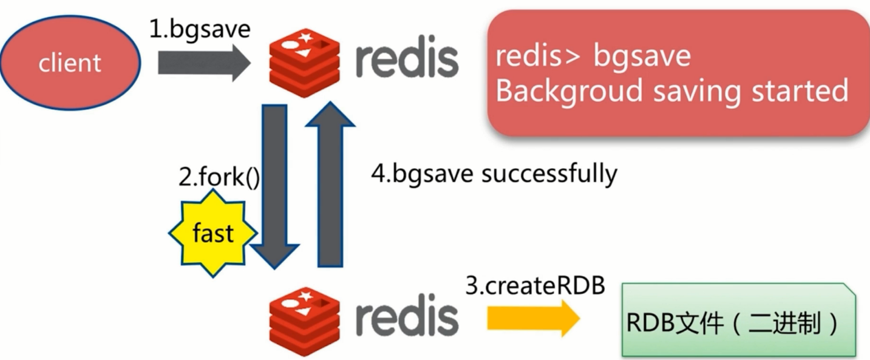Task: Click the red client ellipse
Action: click(70, 63)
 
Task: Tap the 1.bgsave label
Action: click(200, 29)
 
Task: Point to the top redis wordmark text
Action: click(407, 59)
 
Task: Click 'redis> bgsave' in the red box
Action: click(593, 56)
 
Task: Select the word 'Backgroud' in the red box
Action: click(569, 91)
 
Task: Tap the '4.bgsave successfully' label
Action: click(494, 174)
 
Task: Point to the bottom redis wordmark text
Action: click(407, 318)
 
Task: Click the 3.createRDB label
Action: click(535, 286)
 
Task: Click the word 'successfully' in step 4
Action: click(549, 174)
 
